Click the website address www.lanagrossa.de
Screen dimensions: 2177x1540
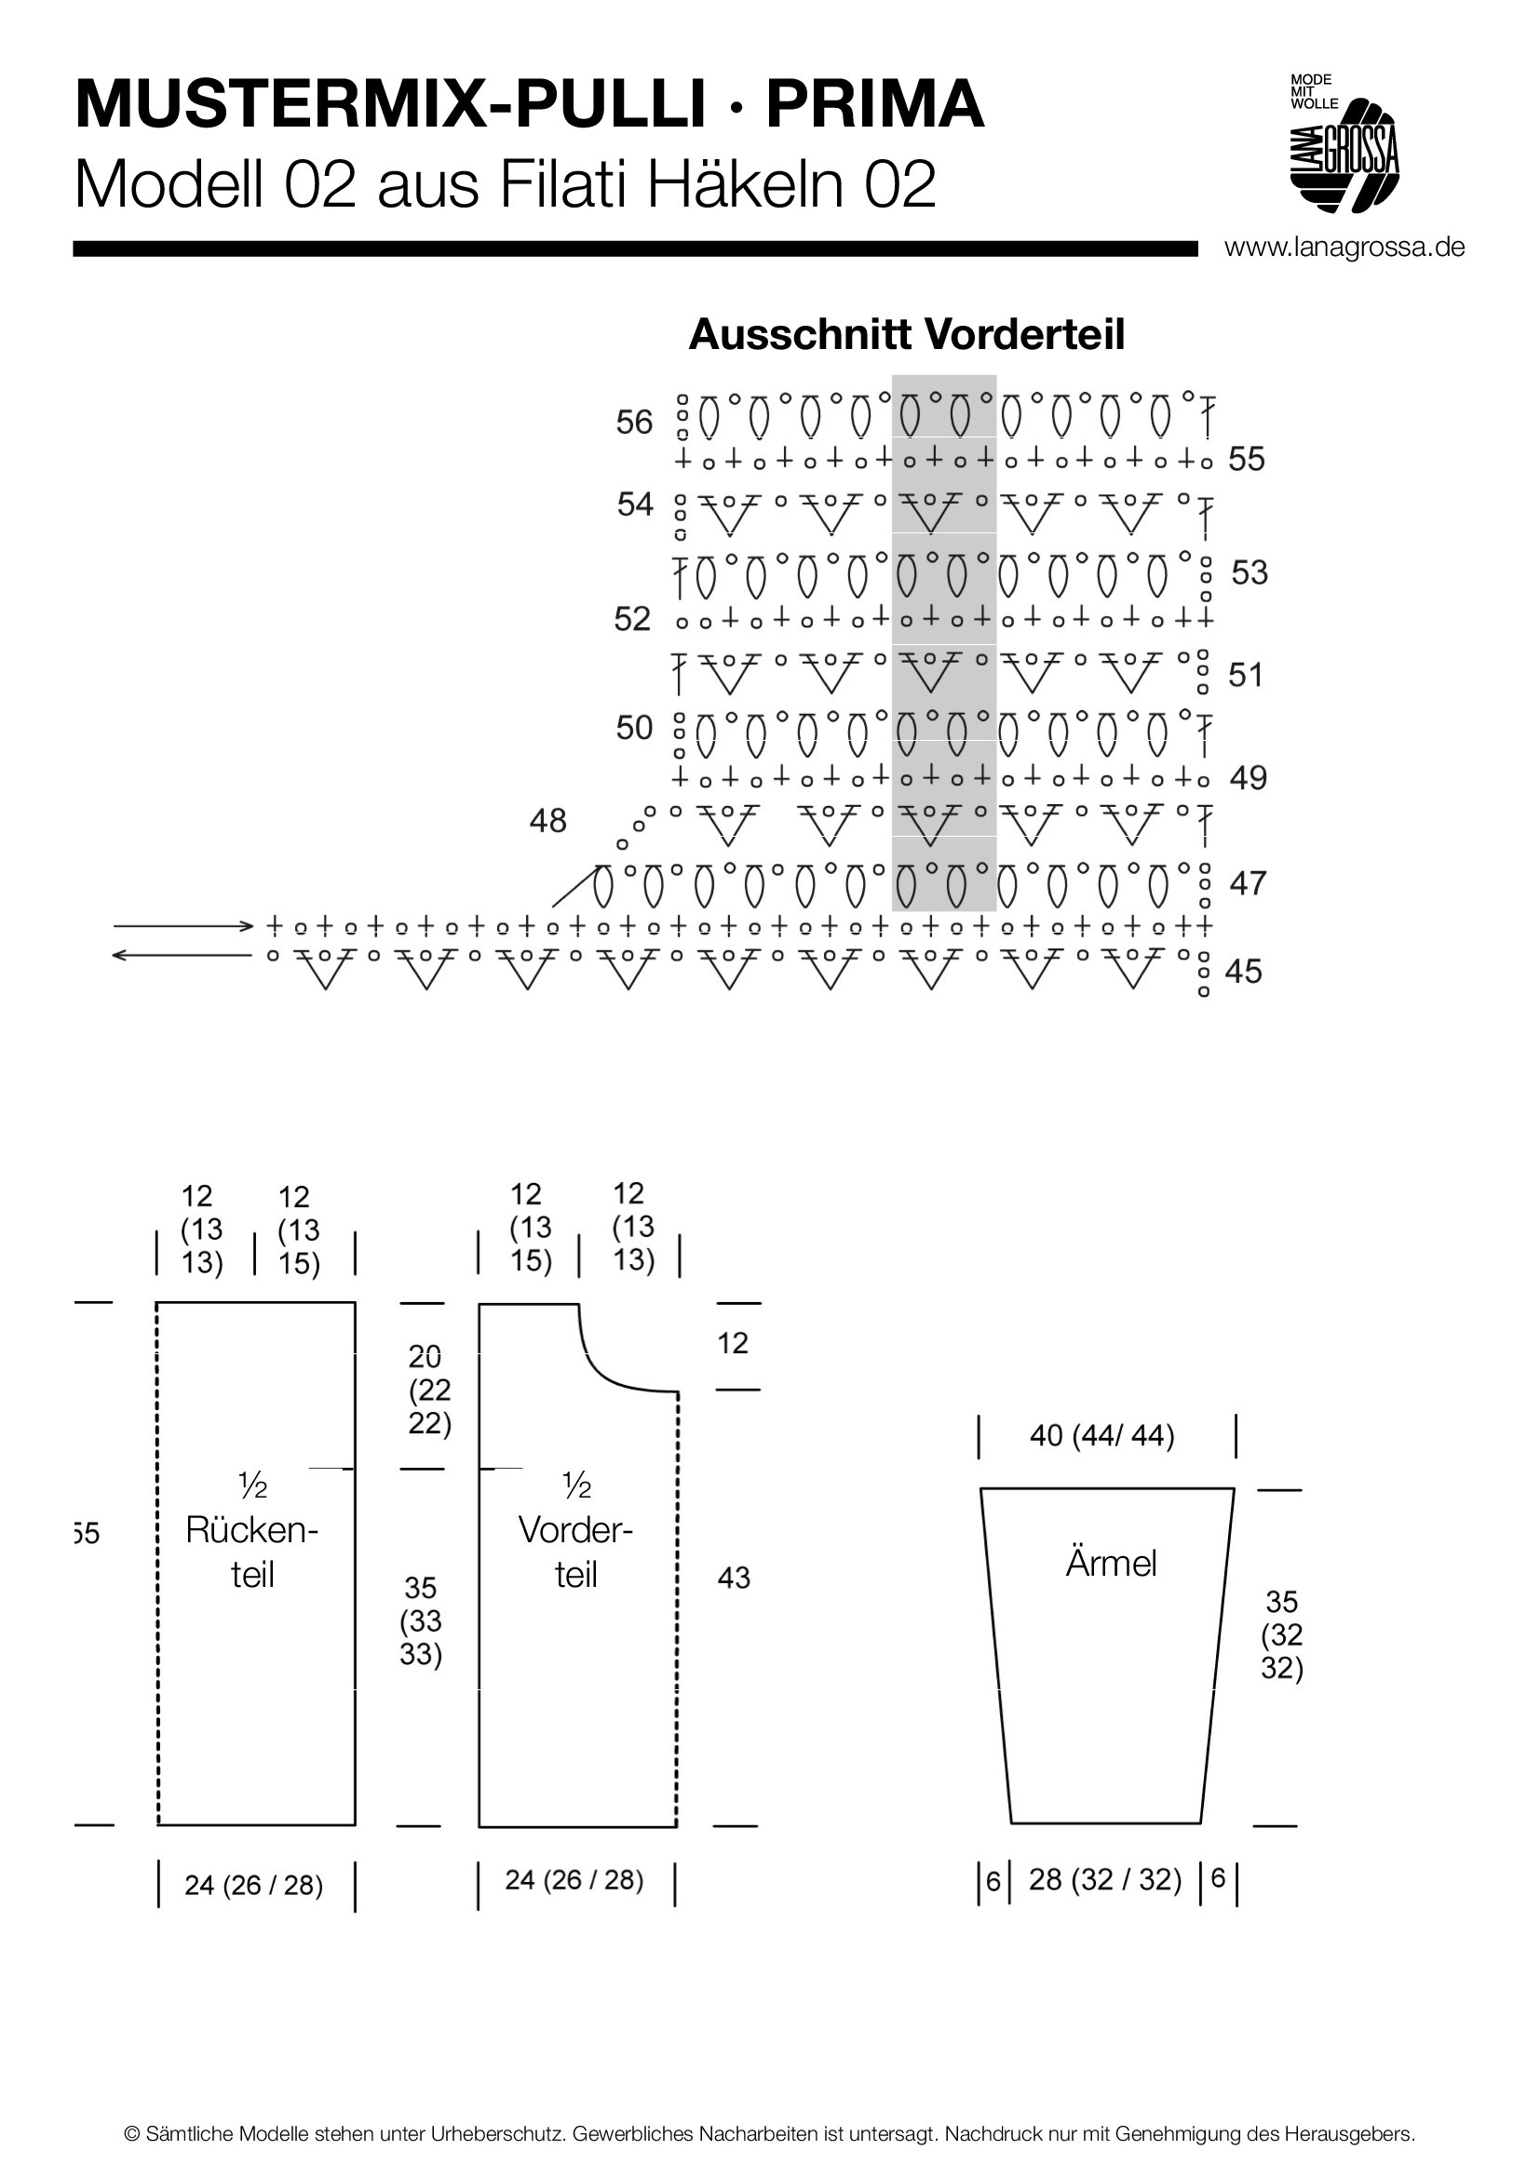(x=1344, y=248)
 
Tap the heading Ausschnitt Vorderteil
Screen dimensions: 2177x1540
(x=906, y=335)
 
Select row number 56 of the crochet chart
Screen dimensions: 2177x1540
(x=633, y=422)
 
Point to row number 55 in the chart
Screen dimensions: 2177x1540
(x=1246, y=460)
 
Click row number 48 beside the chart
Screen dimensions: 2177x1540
(x=547, y=820)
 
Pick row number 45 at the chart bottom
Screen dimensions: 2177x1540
(x=1243, y=972)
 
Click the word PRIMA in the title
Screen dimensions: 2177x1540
(x=874, y=105)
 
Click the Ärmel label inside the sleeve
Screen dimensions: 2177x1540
(x=1111, y=1564)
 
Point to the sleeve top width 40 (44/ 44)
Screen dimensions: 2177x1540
(x=1101, y=1435)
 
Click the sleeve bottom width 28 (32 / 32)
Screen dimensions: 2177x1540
(x=1105, y=1879)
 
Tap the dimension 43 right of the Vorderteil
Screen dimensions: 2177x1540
(x=734, y=1578)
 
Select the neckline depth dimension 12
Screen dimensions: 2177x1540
(x=733, y=1343)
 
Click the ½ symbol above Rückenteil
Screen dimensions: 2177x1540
(x=253, y=1486)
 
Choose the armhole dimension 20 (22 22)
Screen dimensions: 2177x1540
(x=429, y=1390)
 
